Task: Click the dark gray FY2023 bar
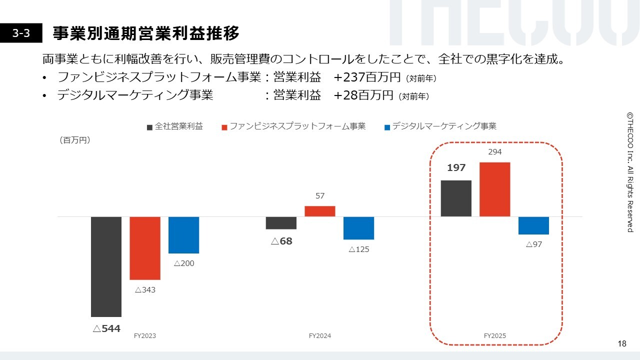coord(106,266)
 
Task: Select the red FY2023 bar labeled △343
coord(145,248)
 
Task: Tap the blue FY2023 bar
coord(183,235)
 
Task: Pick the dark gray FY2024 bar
coord(281,223)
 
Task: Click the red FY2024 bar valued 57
coord(320,211)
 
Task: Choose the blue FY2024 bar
coord(358,228)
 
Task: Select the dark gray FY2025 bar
coord(456,198)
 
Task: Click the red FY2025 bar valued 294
coord(494,189)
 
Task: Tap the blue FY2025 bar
coord(533,225)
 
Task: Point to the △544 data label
coord(106,328)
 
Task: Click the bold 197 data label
coord(456,168)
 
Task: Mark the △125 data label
coord(358,249)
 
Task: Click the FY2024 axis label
coord(320,336)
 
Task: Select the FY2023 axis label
coord(145,336)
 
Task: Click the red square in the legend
coord(224,127)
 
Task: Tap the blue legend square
coord(387,127)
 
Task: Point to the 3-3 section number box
coord(21,33)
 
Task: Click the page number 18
coord(622,343)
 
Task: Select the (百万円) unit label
coord(75,140)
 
